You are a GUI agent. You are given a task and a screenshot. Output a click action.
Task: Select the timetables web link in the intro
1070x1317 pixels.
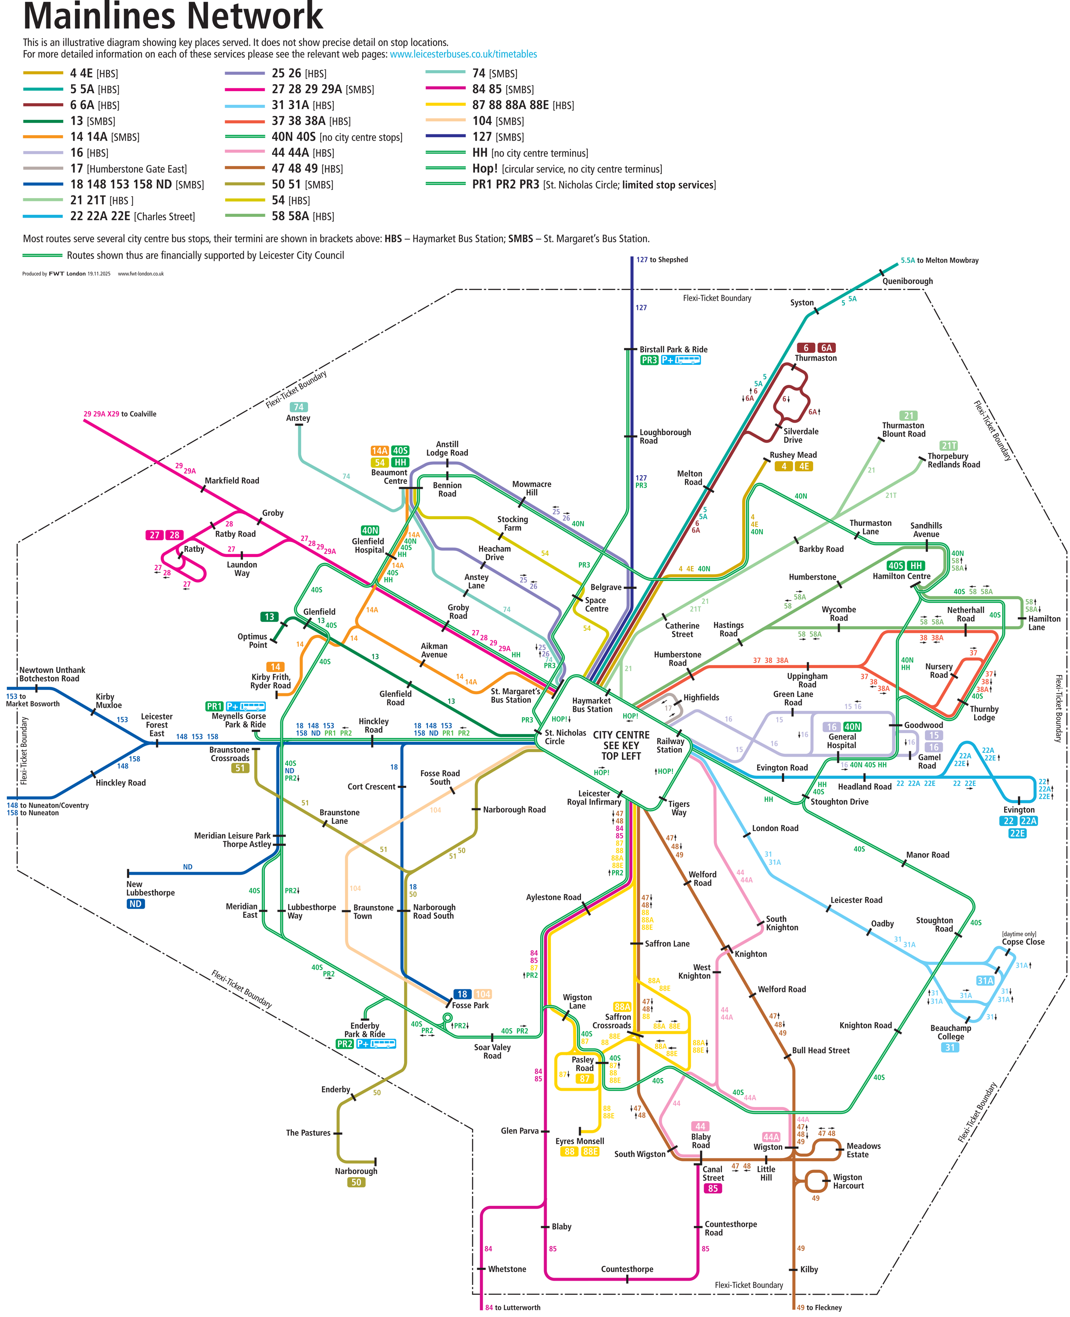463,54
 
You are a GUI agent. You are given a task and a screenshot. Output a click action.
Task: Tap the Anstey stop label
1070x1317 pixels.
298,418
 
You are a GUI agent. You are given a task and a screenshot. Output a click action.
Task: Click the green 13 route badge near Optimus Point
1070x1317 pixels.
269,617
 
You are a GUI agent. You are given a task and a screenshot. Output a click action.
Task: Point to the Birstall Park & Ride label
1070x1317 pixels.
673,349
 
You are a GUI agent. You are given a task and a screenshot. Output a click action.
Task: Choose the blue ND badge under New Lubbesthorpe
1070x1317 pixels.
136,904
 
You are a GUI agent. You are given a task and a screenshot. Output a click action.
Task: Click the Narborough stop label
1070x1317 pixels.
356,1171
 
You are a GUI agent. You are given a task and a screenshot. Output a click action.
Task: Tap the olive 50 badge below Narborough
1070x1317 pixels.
356,1182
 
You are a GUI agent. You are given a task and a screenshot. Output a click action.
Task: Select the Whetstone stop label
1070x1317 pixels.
507,1269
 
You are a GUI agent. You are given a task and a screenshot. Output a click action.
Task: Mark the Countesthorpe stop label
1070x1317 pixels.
627,1269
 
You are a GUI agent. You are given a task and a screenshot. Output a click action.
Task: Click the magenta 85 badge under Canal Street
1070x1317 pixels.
713,1188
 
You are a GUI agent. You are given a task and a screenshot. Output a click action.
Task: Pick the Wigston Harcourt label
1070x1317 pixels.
848,1181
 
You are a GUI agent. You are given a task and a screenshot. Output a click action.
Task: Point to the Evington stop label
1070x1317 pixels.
1019,809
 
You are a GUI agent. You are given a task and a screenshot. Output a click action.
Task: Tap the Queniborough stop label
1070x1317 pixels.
907,281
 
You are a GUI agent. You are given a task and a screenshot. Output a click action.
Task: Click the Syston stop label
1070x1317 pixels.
802,302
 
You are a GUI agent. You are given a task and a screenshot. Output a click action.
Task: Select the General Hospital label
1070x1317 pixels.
842,741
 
